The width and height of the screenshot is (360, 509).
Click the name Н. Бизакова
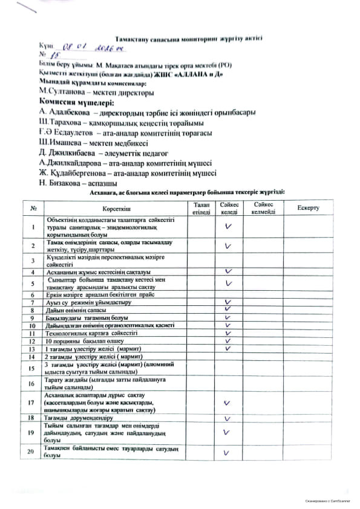pos(60,183)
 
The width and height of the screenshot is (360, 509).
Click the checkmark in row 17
pos(229,403)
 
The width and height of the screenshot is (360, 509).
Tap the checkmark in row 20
pos(229,452)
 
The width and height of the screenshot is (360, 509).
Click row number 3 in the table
pos(31,261)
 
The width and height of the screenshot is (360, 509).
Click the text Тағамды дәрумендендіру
pos(79,418)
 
